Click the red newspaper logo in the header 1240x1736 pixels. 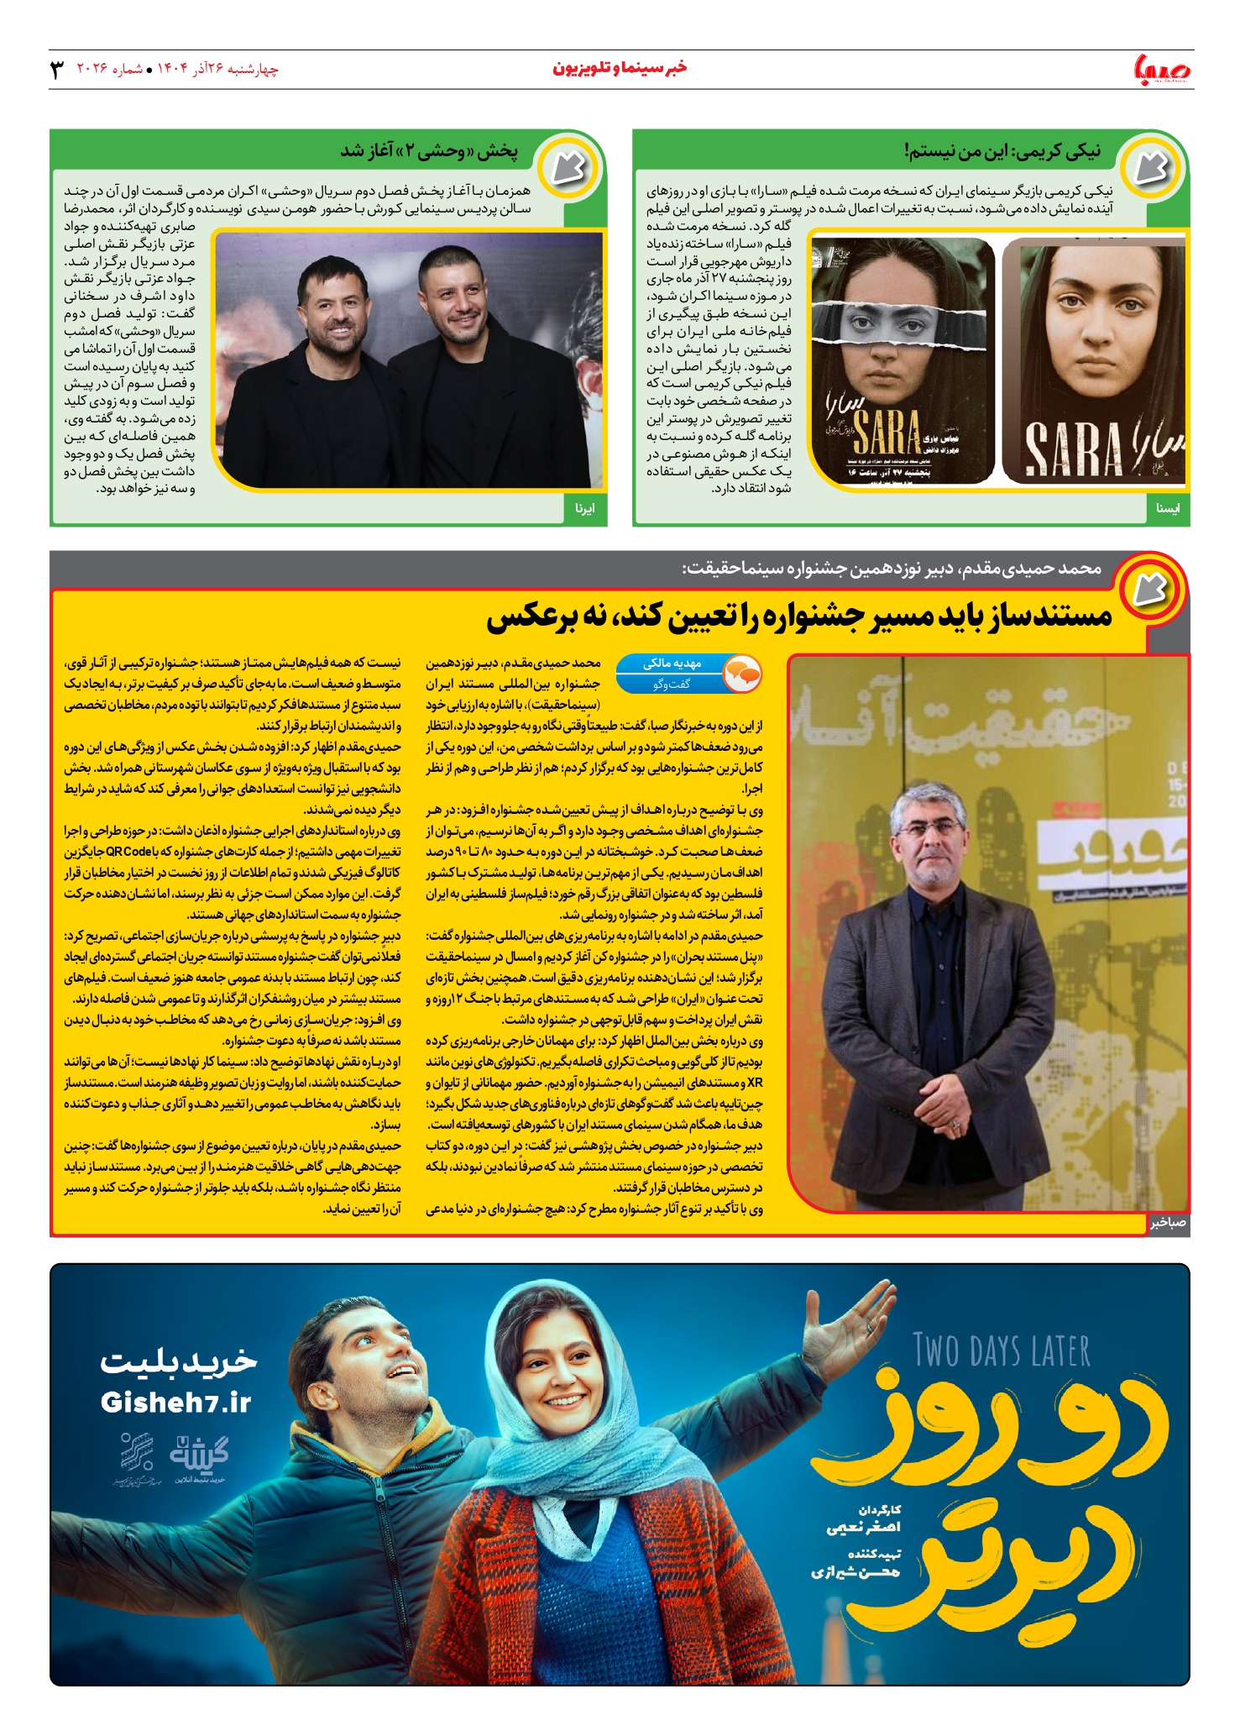(1162, 69)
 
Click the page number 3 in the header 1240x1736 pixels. (58, 69)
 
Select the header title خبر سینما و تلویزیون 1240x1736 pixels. (620, 68)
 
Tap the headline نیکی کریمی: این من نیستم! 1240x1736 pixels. (1002, 151)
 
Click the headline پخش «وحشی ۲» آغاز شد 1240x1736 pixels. (428, 151)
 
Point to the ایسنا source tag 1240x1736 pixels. (1168, 508)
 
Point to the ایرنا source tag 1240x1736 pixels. (584, 508)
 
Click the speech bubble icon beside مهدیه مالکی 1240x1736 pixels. (742, 674)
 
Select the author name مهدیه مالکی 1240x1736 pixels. (672, 663)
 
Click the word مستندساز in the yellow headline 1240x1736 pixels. (1040, 616)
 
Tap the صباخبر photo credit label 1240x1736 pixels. (1168, 1223)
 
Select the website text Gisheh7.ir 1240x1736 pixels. (175, 1403)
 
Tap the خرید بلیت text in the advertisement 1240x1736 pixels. (178, 1362)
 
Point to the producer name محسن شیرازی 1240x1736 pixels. (855, 1571)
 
